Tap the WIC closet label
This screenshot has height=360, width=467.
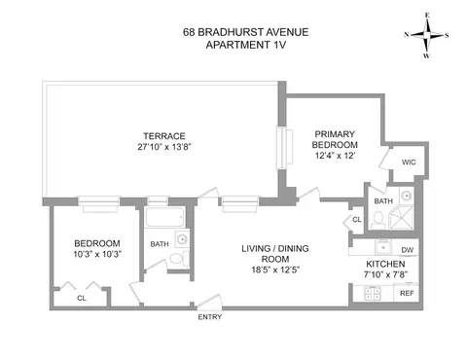pos(409,162)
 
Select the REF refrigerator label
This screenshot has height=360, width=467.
pos(407,293)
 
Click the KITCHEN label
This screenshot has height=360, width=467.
pos(386,265)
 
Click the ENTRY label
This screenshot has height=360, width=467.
pos(209,317)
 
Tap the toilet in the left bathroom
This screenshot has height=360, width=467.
pos(175,259)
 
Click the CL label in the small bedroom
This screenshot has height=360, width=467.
pos(82,299)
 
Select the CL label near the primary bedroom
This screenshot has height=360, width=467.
pos(357,220)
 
